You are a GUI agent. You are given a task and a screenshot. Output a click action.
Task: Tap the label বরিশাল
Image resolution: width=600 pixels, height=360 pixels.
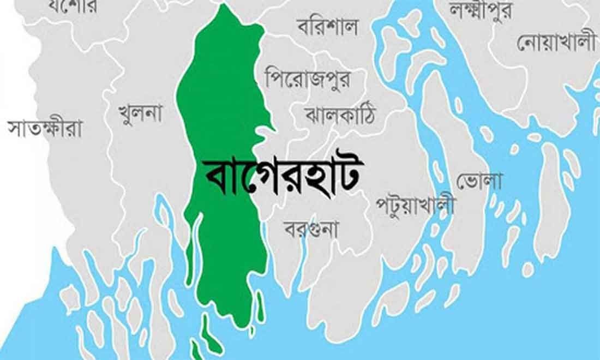[x=328, y=26]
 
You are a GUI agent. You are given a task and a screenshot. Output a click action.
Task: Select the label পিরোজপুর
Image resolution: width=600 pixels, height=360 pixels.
[x=308, y=79]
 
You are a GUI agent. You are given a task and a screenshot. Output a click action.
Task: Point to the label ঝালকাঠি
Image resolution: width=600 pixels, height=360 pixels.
[x=341, y=115]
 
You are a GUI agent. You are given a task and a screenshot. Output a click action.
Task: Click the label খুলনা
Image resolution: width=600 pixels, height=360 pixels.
[x=141, y=113]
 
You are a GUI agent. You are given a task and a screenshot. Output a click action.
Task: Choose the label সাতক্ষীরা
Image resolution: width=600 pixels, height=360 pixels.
[x=45, y=128]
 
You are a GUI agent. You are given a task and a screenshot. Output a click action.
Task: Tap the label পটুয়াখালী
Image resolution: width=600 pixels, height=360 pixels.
[x=416, y=205]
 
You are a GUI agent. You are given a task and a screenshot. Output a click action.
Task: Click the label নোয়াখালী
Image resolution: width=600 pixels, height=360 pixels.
[x=556, y=42]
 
